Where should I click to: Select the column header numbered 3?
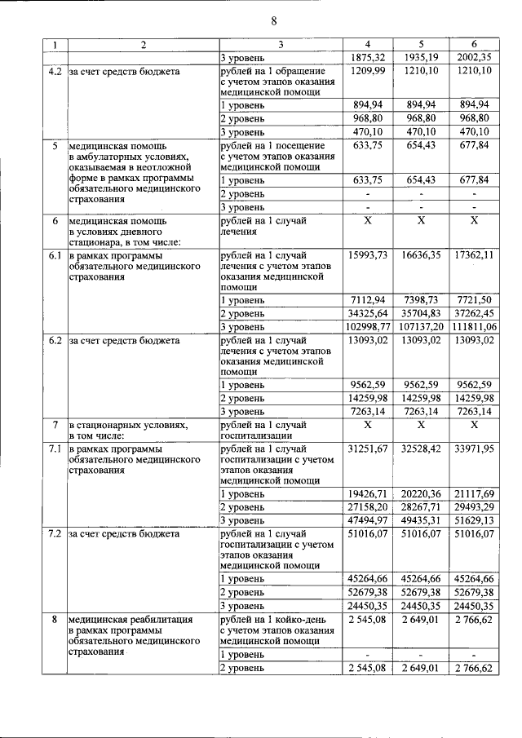[279, 45]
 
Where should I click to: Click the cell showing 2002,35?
[475, 58]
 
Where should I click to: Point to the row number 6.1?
[54, 255]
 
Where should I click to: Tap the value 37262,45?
[475, 313]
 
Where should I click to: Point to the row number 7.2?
[54, 534]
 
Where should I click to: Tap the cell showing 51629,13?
[475, 519]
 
